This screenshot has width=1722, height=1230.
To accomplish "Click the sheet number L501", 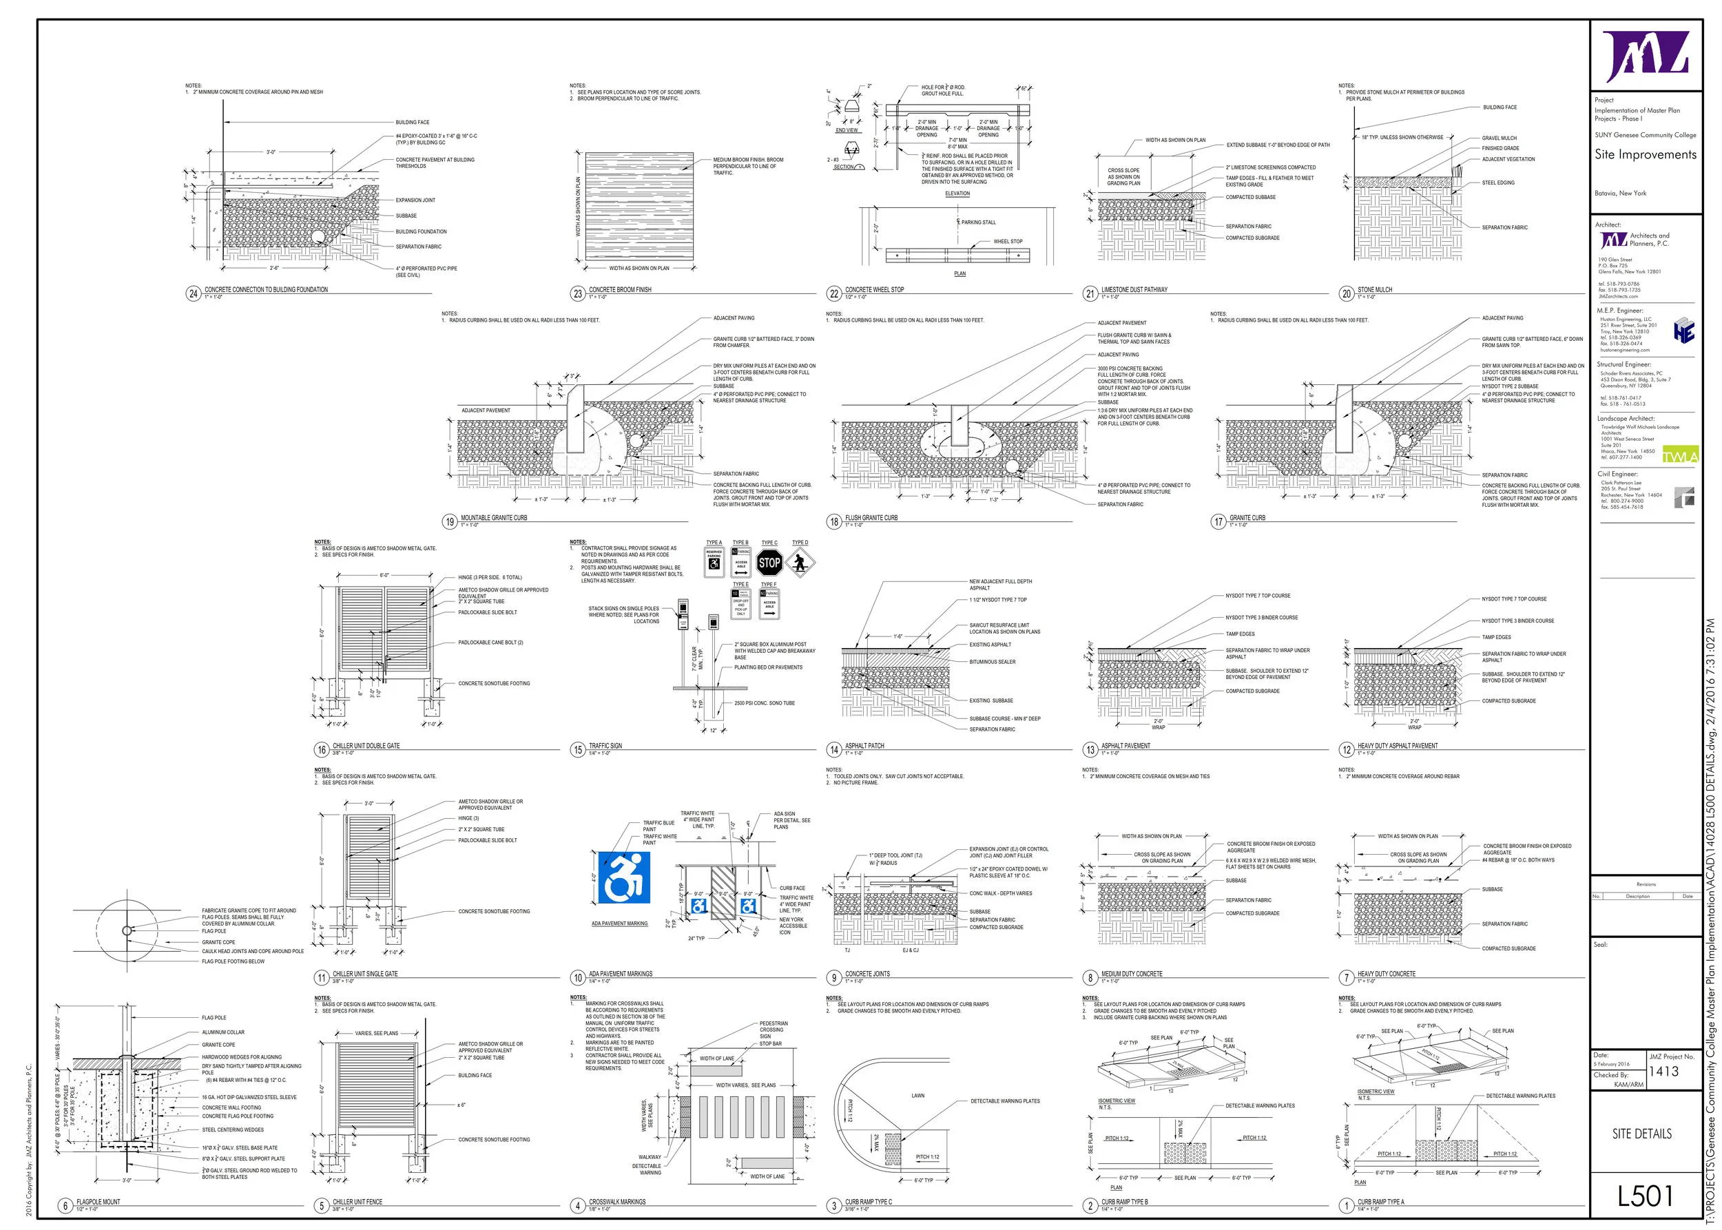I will tap(1645, 1196).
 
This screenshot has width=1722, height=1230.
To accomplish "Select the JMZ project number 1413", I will tap(1663, 1071).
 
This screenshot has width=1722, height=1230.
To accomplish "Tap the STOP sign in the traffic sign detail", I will tap(769, 563).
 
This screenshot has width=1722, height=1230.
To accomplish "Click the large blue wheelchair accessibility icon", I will tap(624, 878).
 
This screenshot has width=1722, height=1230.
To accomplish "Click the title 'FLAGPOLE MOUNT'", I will tap(98, 1201).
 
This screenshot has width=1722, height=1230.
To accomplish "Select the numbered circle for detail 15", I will tap(578, 750).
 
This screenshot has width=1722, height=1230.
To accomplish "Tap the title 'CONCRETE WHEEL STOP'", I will tap(874, 289).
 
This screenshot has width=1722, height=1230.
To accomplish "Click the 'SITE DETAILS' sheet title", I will tap(1641, 1134).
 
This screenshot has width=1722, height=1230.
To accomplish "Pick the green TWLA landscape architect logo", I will tap(1681, 456).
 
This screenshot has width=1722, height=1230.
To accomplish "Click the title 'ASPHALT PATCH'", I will tap(864, 745).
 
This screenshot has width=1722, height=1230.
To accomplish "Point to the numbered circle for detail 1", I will tap(1346, 1205).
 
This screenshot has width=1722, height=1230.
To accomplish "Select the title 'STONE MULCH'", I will tap(1374, 289).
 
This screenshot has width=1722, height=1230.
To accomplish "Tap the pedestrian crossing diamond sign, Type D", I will tap(800, 563).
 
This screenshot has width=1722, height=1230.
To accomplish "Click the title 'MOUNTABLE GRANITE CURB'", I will tap(494, 518).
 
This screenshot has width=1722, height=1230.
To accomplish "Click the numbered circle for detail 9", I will tap(834, 978).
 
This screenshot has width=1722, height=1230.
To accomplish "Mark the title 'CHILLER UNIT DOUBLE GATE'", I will tap(366, 745).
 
